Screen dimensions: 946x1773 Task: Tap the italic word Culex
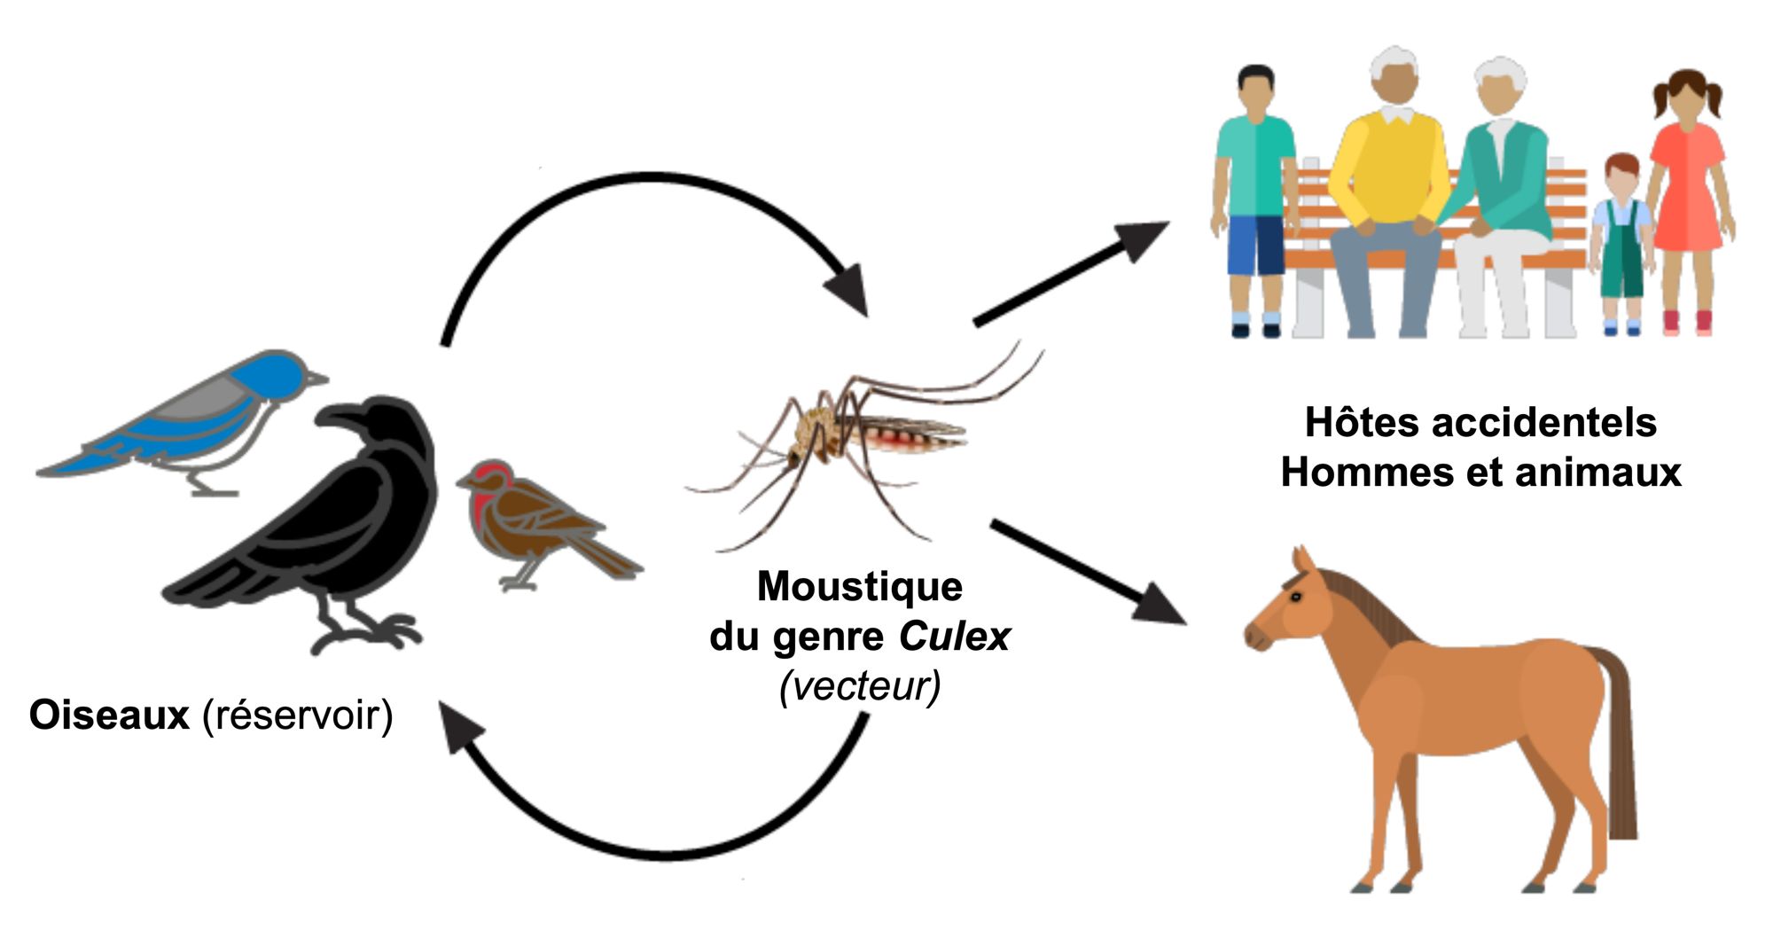(x=955, y=637)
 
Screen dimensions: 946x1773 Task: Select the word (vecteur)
(x=860, y=685)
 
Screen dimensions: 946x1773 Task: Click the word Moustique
(x=860, y=587)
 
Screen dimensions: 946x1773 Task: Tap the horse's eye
(x=1295, y=596)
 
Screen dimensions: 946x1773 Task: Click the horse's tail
(x=1619, y=745)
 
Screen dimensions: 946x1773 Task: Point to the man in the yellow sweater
(x=1389, y=186)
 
